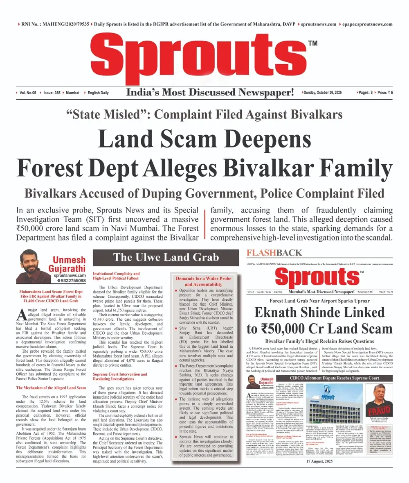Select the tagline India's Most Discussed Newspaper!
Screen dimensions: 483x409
tap(210, 93)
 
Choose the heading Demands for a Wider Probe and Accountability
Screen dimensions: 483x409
tap(203, 281)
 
